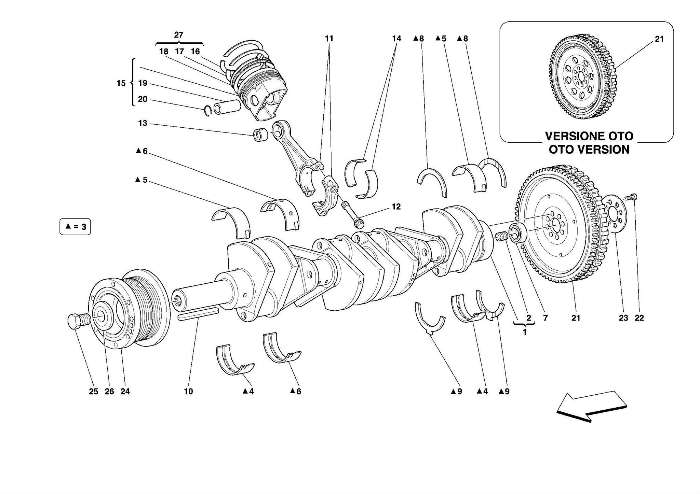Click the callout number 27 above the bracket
179,35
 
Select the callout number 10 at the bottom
188,392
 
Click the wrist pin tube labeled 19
227,107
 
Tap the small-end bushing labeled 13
261,135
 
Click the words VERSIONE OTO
589,136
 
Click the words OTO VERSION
589,150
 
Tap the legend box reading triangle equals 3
75,227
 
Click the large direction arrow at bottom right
591,406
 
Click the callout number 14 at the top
396,39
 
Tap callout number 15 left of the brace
121,83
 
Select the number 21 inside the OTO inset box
659,39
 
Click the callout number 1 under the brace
525,332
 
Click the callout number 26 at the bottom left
109,392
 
